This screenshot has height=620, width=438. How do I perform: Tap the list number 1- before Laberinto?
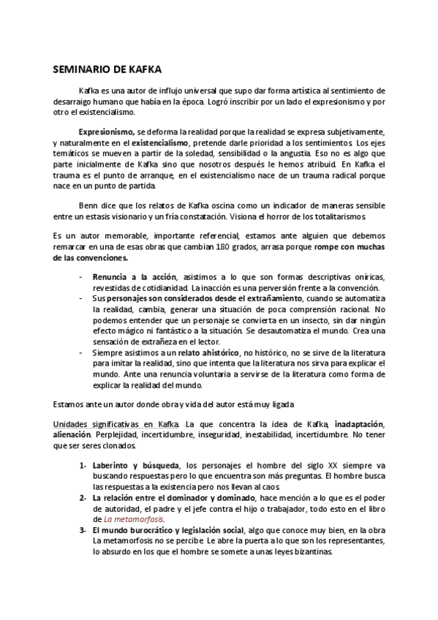click(83, 465)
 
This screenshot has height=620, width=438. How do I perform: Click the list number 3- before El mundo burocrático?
click(83, 531)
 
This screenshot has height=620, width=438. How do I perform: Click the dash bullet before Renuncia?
click(80, 278)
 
